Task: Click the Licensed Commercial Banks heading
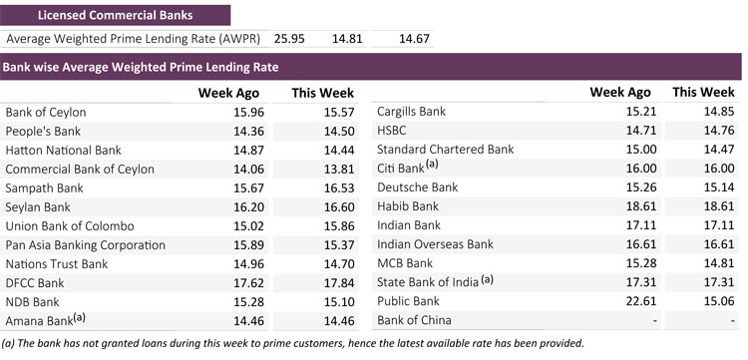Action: [116, 15]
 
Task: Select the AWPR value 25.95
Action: [289, 39]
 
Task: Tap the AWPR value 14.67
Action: [414, 39]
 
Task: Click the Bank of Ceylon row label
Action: [46, 113]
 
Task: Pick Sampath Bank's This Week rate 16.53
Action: [339, 188]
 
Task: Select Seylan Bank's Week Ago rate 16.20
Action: [248, 207]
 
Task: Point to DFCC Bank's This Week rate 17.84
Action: [339, 283]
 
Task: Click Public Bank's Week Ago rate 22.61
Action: [640, 301]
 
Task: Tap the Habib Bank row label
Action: [408, 206]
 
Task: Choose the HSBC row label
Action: [392, 131]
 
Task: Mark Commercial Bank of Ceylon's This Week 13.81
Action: [339, 170]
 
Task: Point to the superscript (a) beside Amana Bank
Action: [79, 317]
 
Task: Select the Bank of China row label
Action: [414, 320]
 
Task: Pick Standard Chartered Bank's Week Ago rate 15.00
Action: [640, 150]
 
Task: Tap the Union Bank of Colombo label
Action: [70, 226]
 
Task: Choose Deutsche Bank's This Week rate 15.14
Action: [718, 187]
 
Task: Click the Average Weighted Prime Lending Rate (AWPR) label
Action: [133, 39]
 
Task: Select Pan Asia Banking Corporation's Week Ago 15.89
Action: [248, 245]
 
